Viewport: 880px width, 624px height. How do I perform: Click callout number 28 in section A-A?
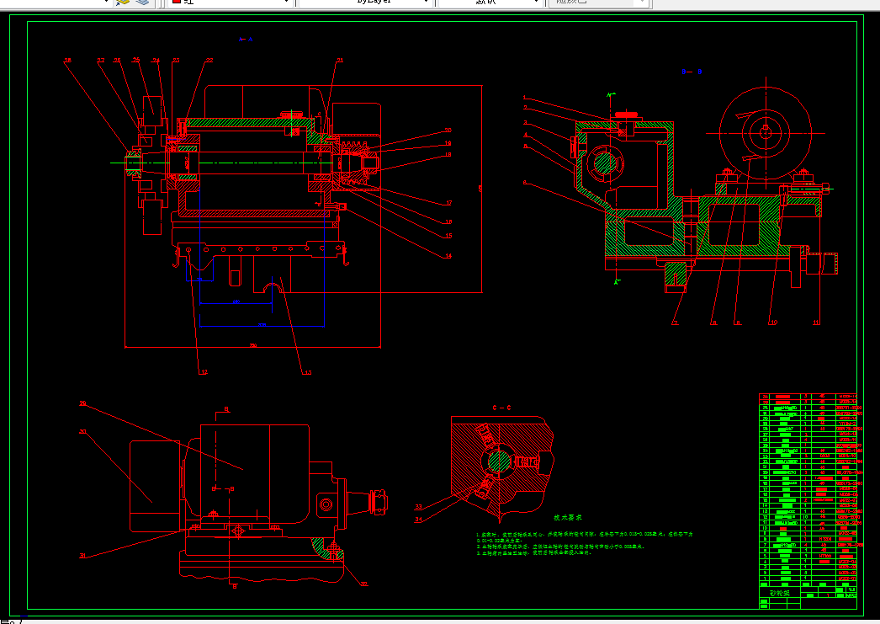(x=68, y=61)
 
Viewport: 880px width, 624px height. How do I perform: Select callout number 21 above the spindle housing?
(x=339, y=61)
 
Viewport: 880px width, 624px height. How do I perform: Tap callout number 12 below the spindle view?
(x=203, y=371)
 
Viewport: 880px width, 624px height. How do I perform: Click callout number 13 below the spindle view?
(x=307, y=371)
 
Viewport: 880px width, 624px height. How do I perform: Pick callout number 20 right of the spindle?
(x=448, y=131)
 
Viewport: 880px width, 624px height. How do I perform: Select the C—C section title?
(x=502, y=408)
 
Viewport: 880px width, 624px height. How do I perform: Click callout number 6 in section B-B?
(x=525, y=183)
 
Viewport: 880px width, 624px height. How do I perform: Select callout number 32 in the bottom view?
(x=363, y=583)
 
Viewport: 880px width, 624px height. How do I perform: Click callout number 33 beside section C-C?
(x=418, y=507)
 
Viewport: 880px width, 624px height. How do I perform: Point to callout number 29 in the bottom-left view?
(x=82, y=404)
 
